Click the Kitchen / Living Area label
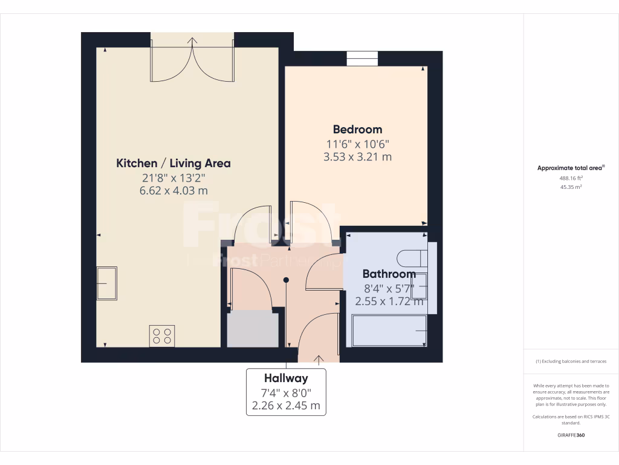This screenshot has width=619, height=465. pyautogui.click(x=173, y=163)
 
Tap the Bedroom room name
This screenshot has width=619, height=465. pyautogui.click(x=357, y=129)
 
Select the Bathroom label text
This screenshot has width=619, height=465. pyautogui.click(x=389, y=274)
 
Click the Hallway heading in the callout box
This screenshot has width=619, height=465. pyautogui.click(x=285, y=378)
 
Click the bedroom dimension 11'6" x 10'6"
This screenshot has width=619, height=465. pyautogui.click(x=357, y=144)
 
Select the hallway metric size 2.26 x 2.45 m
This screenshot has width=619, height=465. pyautogui.click(x=285, y=406)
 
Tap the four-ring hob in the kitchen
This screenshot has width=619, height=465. pyautogui.click(x=162, y=335)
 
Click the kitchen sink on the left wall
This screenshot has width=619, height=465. pyautogui.click(x=107, y=283)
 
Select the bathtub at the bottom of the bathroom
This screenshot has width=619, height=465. pyautogui.click(x=387, y=332)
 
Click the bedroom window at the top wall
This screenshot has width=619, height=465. pyautogui.click(x=362, y=59)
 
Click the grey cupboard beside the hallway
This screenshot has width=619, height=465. pyautogui.click(x=253, y=329)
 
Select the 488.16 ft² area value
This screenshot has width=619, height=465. pyautogui.click(x=571, y=179)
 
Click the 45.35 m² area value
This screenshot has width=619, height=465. pyautogui.click(x=571, y=187)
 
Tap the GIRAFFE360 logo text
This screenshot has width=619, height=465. pyautogui.click(x=571, y=435)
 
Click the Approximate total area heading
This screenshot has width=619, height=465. pyautogui.click(x=570, y=168)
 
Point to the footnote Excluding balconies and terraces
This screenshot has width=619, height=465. pyautogui.click(x=571, y=361)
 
